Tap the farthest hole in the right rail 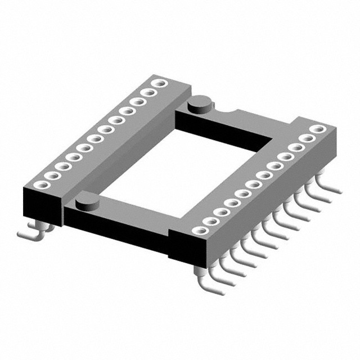tap(319, 129)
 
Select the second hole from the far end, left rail tap(148, 93)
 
